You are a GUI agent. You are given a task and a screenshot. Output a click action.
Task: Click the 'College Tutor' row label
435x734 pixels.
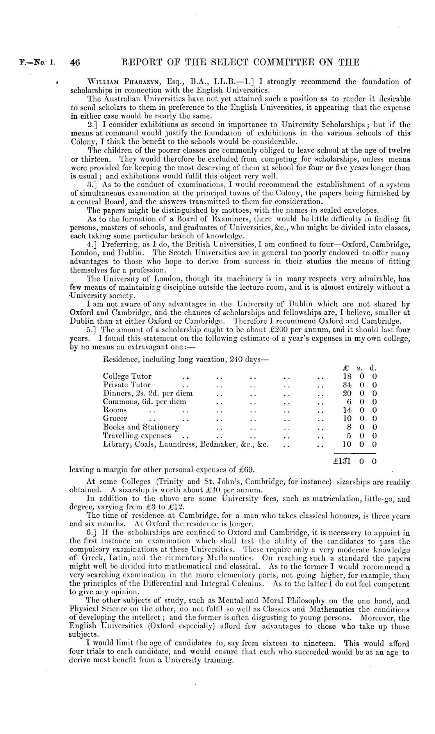tap(127, 376)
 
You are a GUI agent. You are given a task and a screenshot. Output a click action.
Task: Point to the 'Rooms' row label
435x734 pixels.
tap(114, 410)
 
